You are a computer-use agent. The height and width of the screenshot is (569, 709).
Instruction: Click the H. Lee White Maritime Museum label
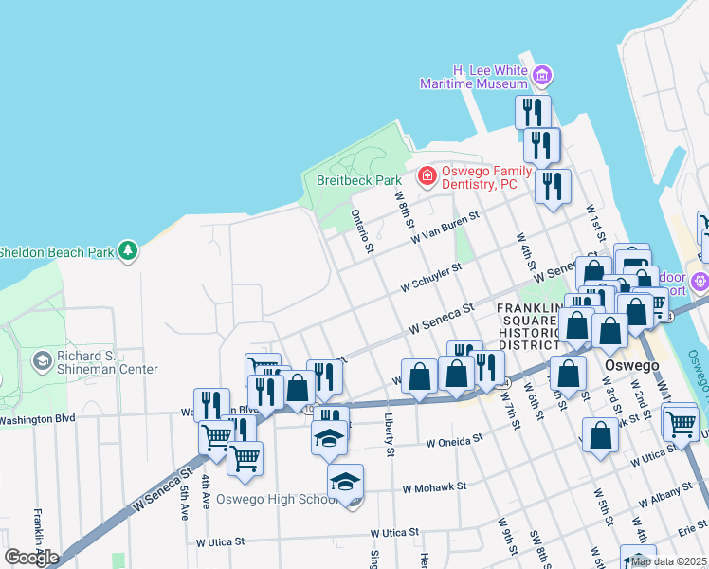click(x=475, y=77)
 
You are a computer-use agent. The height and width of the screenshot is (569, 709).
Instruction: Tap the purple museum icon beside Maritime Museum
click(x=542, y=74)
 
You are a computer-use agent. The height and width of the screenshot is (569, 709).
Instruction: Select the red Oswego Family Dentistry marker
click(x=427, y=176)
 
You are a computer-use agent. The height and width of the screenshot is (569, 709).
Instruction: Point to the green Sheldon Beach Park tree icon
click(x=128, y=251)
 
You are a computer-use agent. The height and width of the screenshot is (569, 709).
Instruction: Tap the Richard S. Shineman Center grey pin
click(x=42, y=361)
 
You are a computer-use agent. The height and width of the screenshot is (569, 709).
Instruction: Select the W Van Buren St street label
click(x=445, y=227)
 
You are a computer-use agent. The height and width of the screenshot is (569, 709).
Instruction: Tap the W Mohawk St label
click(x=434, y=486)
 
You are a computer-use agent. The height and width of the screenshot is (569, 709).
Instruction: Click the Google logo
click(x=31, y=558)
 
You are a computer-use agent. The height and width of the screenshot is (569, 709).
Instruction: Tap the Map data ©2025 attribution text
click(x=668, y=561)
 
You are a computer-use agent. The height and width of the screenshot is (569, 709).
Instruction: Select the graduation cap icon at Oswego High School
click(x=345, y=480)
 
